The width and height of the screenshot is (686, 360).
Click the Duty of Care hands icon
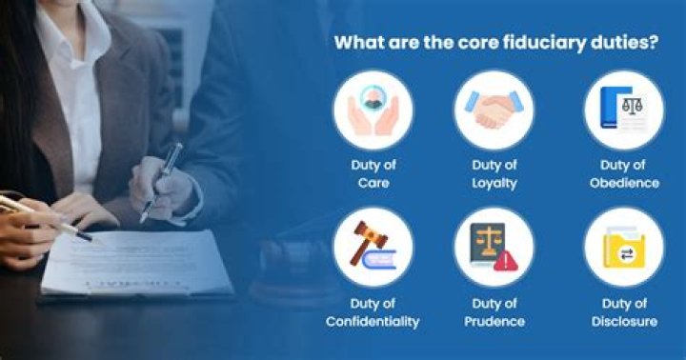[373, 110]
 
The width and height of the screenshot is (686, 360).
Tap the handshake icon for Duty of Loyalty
[494, 110]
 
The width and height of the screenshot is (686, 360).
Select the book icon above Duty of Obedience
[623, 110]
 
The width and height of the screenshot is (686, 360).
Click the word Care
[373, 182]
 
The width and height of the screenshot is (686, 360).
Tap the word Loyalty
[494, 182]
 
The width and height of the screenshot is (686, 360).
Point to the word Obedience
[623, 182]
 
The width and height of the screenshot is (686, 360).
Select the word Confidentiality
[373, 321]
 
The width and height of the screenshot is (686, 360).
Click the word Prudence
[494, 321]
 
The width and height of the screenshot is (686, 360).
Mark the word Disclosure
[623, 321]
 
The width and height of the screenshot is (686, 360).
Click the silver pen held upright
[161, 181]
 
